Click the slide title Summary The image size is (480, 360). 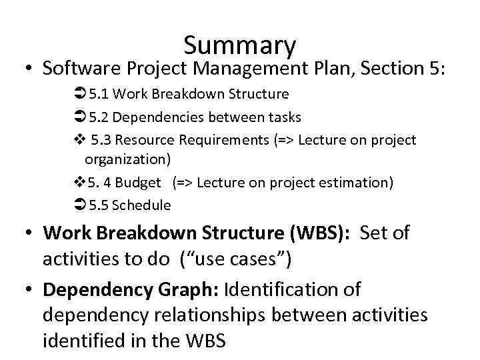coord(239,45)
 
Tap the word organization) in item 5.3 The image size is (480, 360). coord(127,159)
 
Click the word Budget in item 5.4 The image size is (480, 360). coord(138,183)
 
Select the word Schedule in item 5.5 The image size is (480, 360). coord(141,205)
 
